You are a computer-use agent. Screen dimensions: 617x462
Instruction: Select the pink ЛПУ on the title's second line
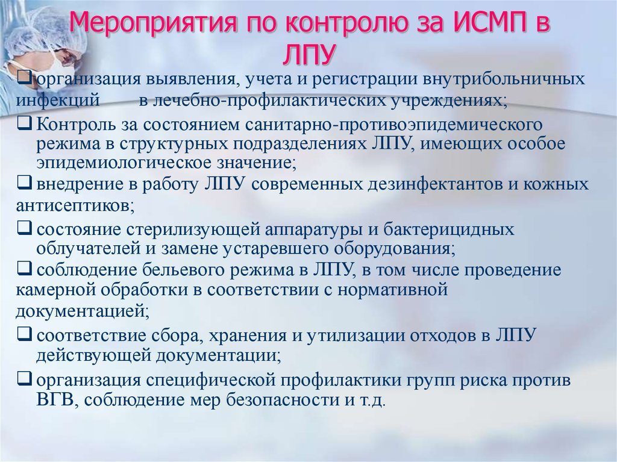tap(309, 54)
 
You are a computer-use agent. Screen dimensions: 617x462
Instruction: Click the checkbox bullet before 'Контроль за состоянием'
tap(24, 124)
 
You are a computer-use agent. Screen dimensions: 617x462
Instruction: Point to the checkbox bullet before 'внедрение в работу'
tap(24, 183)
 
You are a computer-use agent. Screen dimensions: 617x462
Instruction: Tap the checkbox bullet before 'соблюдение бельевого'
tap(24, 269)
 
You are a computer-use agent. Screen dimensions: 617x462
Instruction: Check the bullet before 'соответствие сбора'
tap(24, 334)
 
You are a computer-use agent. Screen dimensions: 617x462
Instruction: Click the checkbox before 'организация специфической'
tap(24, 379)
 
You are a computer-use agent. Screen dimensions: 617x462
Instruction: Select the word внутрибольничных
tap(504, 79)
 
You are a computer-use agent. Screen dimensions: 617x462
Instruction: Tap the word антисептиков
tap(75, 205)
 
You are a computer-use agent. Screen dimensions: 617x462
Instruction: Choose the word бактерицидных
tap(449, 229)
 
